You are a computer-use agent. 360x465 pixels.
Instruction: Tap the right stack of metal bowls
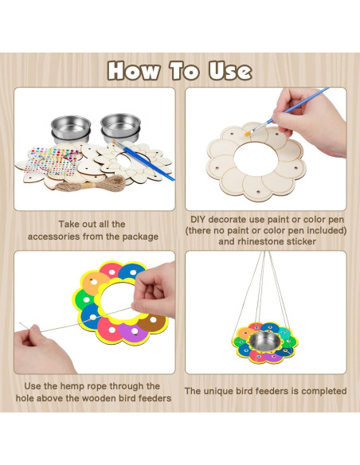(x=117, y=128)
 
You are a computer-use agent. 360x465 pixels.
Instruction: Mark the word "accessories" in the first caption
(x=61, y=236)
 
